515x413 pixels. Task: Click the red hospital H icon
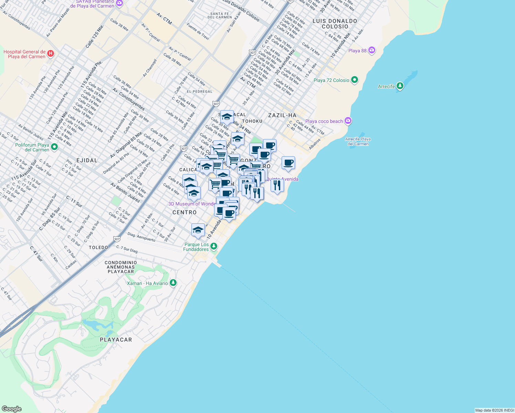tap(51, 53)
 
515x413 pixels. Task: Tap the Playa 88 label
tap(357, 51)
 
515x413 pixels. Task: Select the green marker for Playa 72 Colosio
tap(355, 80)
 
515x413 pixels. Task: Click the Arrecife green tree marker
tap(400, 86)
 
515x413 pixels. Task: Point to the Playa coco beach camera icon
tap(348, 121)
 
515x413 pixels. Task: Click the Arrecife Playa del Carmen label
tap(358, 141)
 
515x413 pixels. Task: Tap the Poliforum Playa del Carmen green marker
tap(54, 147)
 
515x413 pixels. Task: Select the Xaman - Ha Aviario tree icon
tap(173, 283)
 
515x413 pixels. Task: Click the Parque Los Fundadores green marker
tap(214, 246)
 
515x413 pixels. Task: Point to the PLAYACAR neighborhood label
tap(116, 340)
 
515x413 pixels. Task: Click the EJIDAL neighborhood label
tap(87, 160)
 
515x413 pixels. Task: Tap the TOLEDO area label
tap(98, 247)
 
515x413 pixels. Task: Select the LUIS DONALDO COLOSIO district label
tap(335, 24)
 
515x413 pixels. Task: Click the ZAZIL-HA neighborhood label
tap(282, 115)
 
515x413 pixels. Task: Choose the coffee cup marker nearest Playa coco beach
tap(288, 163)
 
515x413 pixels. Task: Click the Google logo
tap(12, 409)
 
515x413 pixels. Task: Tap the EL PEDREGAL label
tap(200, 92)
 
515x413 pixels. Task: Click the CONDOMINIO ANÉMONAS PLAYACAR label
tap(121, 267)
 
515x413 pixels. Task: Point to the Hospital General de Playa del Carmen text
tap(24, 54)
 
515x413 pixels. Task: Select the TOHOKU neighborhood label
tap(252, 121)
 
